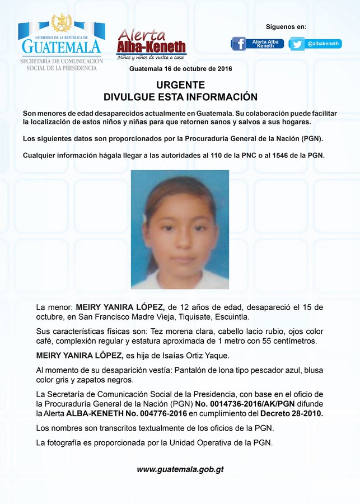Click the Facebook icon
239,44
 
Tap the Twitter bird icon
297,44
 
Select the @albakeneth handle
324,44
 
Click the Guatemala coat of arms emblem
61,24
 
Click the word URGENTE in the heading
180,85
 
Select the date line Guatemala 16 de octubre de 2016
180,68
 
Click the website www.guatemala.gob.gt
180,469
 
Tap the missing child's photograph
180,229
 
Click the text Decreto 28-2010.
292,413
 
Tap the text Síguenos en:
286,27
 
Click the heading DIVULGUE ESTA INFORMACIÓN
180,97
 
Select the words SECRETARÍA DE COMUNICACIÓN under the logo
62,60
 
